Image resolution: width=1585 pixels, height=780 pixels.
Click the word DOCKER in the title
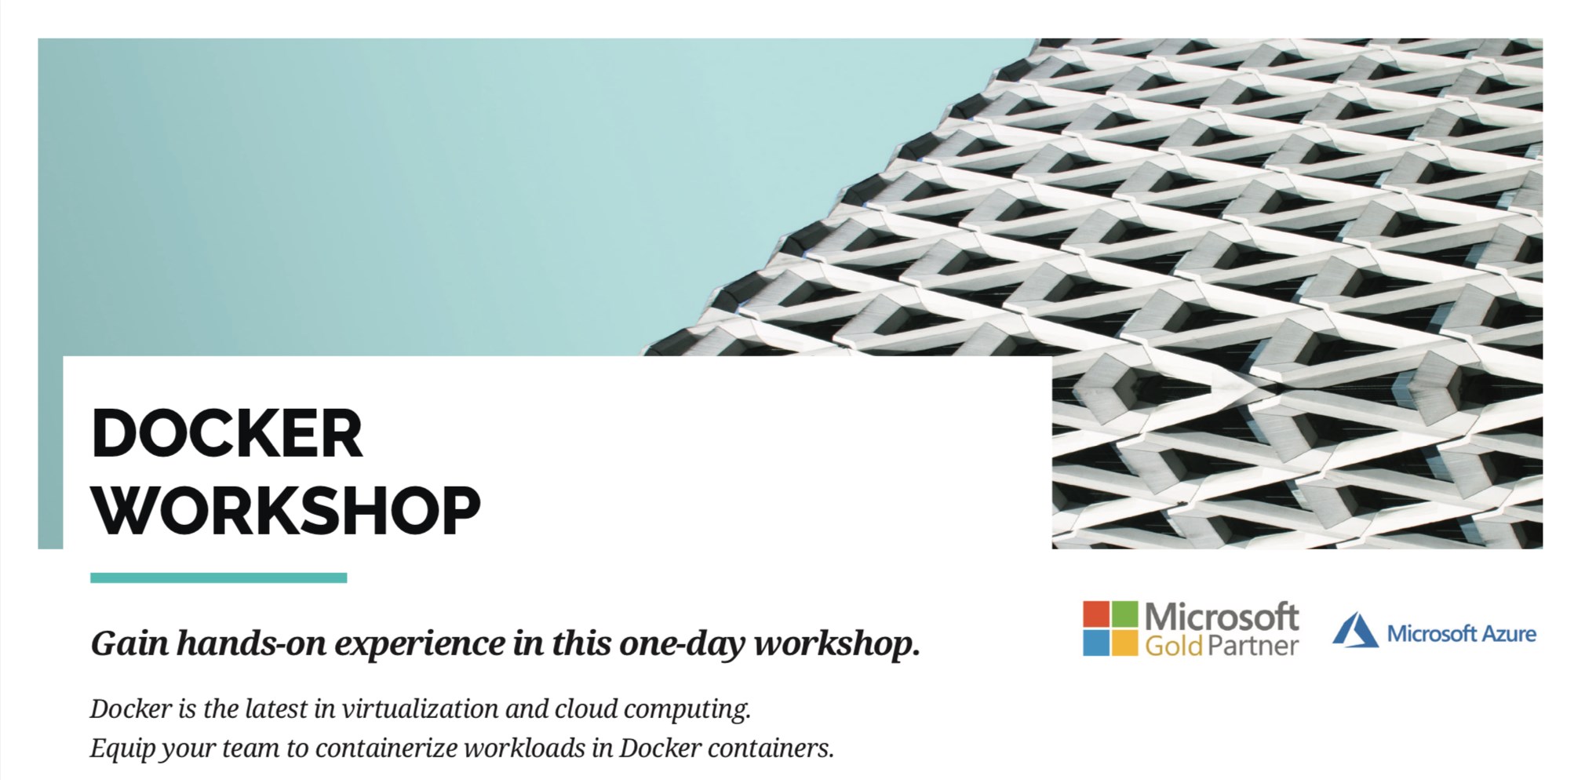[x=227, y=433]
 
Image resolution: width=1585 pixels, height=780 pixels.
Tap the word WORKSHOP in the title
[x=286, y=510]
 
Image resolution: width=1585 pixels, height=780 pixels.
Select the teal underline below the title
[x=218, y=578]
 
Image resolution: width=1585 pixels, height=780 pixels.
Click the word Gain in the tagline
[x=129, y=643]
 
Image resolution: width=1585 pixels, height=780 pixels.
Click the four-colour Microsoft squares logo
[x=1109, y=628]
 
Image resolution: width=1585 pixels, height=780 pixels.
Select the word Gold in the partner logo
[x=1174, y=646]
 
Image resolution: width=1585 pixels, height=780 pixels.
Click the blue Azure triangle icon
[x=1355, y=630]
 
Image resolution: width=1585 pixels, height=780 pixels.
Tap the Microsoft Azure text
[x=1462, y=633]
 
